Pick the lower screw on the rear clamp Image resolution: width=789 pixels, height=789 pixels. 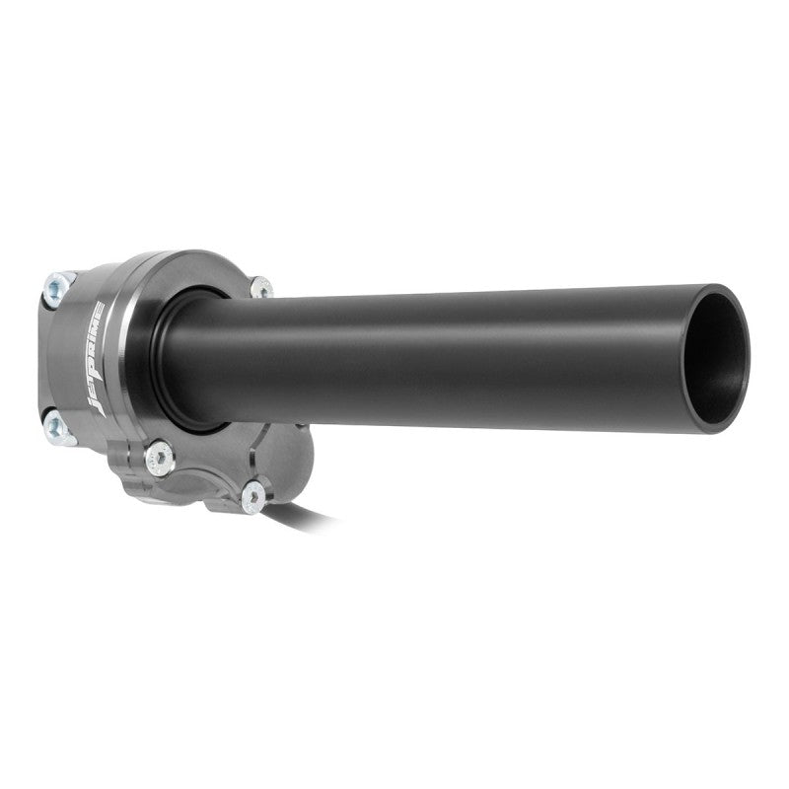coord(54,425)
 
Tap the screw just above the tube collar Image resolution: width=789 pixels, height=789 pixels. coord(260,287)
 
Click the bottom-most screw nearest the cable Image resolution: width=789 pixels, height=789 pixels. coord(252,497)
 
